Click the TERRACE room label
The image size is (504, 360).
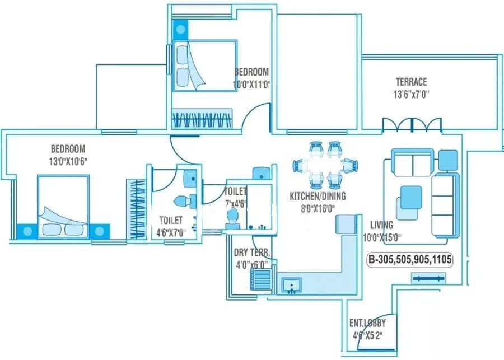411,82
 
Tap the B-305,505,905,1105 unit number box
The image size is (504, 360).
410,260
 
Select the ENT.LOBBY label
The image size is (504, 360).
367,323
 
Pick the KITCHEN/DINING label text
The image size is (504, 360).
318,196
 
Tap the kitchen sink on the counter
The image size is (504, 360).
291,286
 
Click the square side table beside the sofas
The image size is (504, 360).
448,160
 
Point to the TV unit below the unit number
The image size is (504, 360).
428,277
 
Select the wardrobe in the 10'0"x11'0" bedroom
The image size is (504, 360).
202,119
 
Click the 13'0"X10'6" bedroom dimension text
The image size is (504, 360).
68,161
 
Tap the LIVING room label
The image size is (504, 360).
381,225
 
